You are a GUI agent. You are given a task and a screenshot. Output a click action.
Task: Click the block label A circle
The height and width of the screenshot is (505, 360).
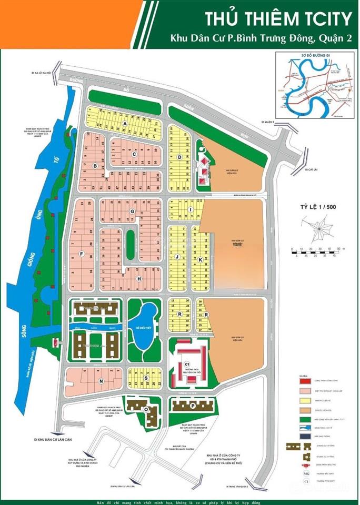coord(125,123)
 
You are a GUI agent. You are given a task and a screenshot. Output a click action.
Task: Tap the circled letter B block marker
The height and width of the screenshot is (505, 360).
coord(95,166)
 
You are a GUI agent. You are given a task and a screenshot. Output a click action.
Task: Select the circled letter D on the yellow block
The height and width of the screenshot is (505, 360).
coord(179,157)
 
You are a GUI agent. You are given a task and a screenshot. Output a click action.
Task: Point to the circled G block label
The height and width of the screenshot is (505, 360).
coord(133,211)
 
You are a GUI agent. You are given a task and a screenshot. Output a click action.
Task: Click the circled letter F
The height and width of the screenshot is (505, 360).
coord(82,254)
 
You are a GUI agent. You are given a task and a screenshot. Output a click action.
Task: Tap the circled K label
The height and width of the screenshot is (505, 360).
coord(200,260)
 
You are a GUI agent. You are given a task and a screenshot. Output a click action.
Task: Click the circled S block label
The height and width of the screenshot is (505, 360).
coord(145,378)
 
